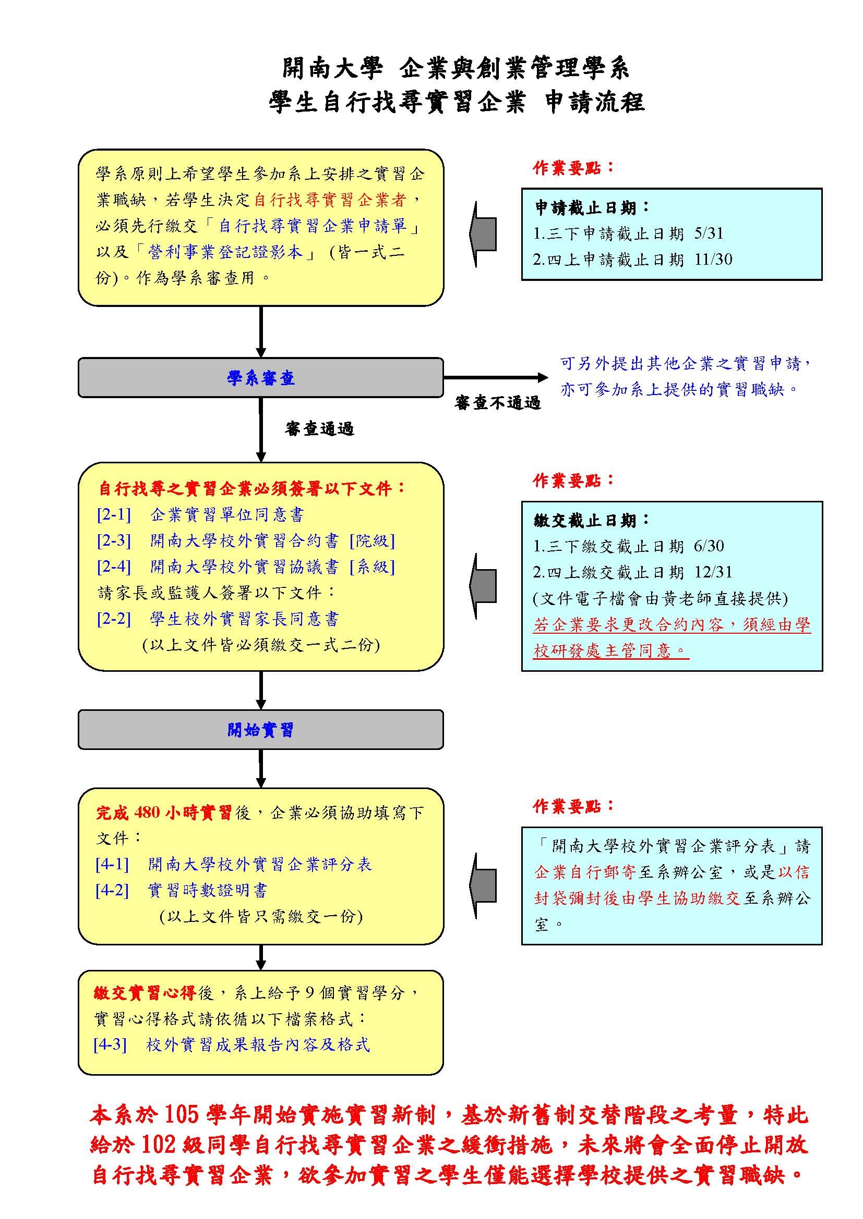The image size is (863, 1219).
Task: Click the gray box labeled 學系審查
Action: pyautogui.click(x=260, y=377)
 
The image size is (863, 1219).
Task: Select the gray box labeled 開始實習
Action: pyautogui.click(x=260, y=730)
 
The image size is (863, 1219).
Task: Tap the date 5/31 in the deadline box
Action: pyautogui.click(x=709, y=233)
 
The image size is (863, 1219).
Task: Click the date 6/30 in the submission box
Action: pyautogui.click(x=709, y=546)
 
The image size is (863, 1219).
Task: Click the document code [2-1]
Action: pyautogui.click(x=114, y=514)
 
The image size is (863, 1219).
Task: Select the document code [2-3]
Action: pyautogui.click(x=114, y=540)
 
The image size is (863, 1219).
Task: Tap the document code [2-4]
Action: pyautogui.click(x=114, y=567)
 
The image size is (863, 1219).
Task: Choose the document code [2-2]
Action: pyautogui.click(x=114, y=619)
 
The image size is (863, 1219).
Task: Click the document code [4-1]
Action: pyautogui.click(x=112, y=864)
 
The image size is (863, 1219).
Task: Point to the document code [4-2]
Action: pyautogui.click(x=112, y=890)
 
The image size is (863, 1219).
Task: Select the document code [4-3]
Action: pyautogui.click(x=110, y=1044)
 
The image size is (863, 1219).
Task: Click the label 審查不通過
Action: pyautogui.click(x=497, y=403)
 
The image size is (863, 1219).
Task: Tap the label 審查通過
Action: pyautogui.click(x=319, y=429)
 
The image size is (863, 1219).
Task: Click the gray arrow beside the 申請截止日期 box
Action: pyautogui.click(x=483, y=233)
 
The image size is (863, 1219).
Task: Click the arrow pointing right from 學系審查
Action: pyautogui.click(x=495, y=377)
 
